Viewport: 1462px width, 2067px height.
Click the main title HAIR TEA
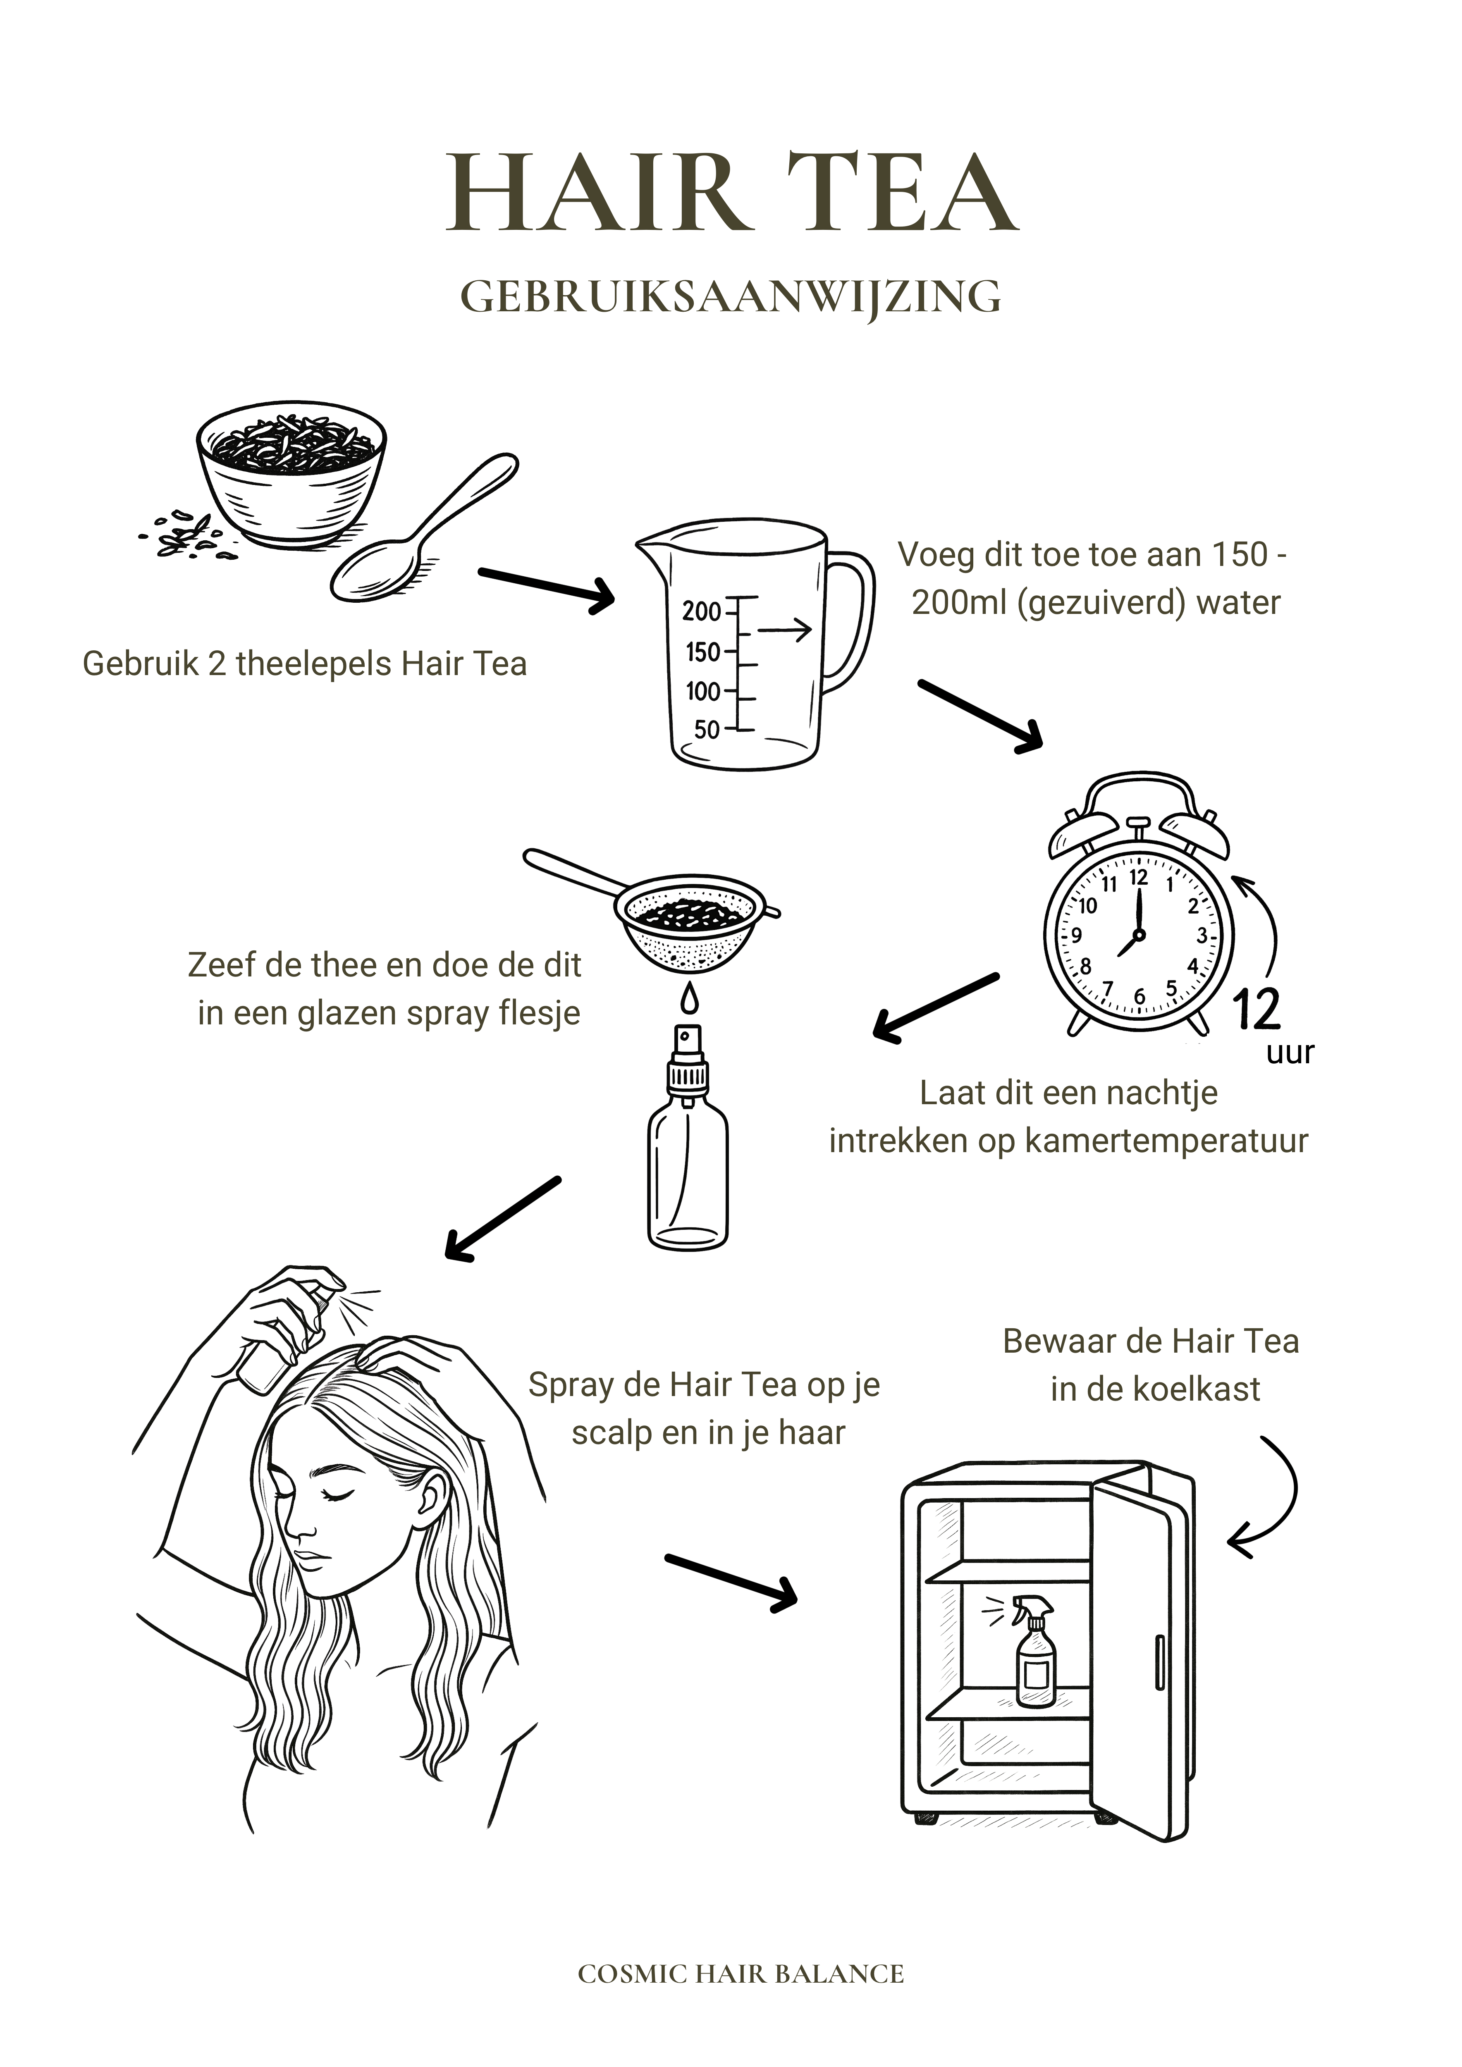pos(731,193)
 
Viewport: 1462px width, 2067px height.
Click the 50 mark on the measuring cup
pos(707,729)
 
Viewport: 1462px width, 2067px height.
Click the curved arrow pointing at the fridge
pos(1269,1494)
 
